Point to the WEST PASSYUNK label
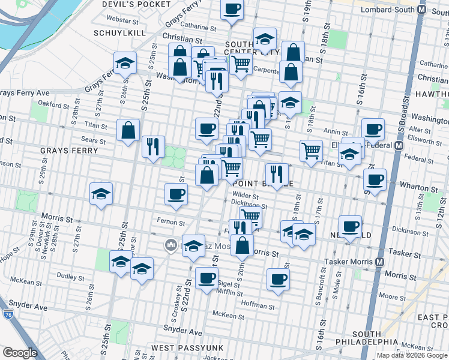pos(187,348)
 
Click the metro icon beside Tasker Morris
pos(380,262)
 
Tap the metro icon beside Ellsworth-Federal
pos(398,145)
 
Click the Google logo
pos(20,353)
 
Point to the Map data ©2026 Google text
pos(411,355)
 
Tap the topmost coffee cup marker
pos(232,10)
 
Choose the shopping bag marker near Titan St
pos(128,130)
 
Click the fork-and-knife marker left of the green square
pos(153,146)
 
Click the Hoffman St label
pos(258,304)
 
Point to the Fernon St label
pos(172,223)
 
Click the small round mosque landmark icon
pos(170,245)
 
